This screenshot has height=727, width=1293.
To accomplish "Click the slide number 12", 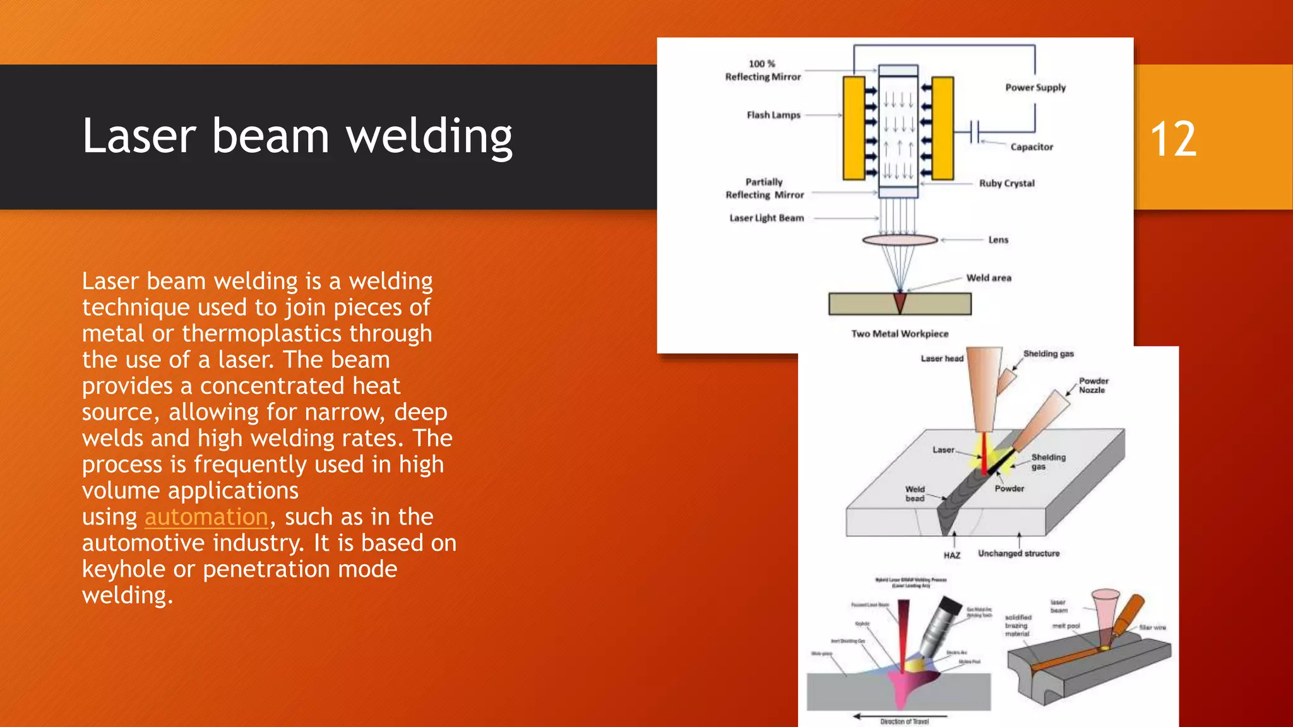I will (x=1173, y=139).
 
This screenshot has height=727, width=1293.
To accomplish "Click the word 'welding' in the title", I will (x=429, y=137).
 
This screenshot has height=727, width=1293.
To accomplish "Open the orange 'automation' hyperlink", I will (x=206, y=517).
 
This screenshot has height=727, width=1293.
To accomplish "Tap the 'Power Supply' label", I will (x=1035, y=88).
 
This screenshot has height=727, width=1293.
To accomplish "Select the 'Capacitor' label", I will (x=1032, y=147).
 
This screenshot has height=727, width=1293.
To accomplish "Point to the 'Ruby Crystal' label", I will (x=1007, y=184).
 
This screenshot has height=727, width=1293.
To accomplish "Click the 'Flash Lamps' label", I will (x=773, y=115).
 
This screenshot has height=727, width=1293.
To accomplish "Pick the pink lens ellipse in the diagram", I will (x=900, y=240).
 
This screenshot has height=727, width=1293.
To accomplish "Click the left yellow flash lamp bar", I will (x=854, y=128).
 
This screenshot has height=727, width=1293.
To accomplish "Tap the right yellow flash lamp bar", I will (x=943, y=128).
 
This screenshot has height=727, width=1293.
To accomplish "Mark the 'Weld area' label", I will (x=989, y=278).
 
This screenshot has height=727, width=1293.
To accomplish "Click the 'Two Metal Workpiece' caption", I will (x=900, y=334).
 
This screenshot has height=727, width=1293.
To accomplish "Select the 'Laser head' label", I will (x=942, y=358).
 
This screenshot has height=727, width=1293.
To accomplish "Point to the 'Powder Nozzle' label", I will (x=1093, y=386).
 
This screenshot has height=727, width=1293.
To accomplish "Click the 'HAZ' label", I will (x=952, y=555).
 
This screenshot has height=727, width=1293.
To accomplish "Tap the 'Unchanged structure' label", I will (x=1019, y=553).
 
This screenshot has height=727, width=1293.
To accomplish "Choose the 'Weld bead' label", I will (x=915, y=494).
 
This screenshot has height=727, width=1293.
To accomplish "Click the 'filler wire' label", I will (x=1152, y=627).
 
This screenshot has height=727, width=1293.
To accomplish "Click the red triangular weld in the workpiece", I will (x=900, y=302).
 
